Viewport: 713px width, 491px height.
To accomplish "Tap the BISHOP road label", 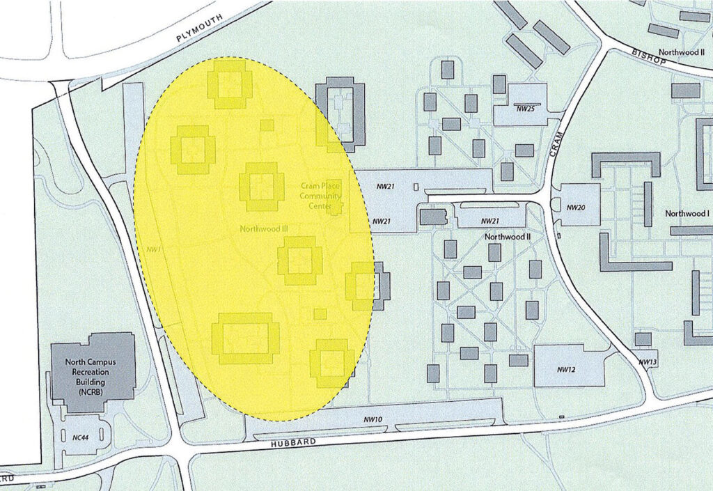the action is click(649, 57).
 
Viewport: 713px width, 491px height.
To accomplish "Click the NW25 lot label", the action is click(525, 109).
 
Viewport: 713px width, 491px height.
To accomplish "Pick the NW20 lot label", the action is click(575, 208).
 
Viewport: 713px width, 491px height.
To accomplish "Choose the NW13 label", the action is click(648, 362).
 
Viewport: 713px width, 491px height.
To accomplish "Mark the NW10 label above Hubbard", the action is click(373, 419).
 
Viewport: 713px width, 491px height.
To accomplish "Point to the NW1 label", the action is click(155, 249).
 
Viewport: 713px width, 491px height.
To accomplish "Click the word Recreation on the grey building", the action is click(93, 372).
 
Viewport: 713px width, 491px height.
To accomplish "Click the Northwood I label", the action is click(687, 213).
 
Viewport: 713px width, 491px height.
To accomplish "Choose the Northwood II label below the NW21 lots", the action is click(508, 237).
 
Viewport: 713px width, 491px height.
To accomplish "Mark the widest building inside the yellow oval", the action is click(245, 338).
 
